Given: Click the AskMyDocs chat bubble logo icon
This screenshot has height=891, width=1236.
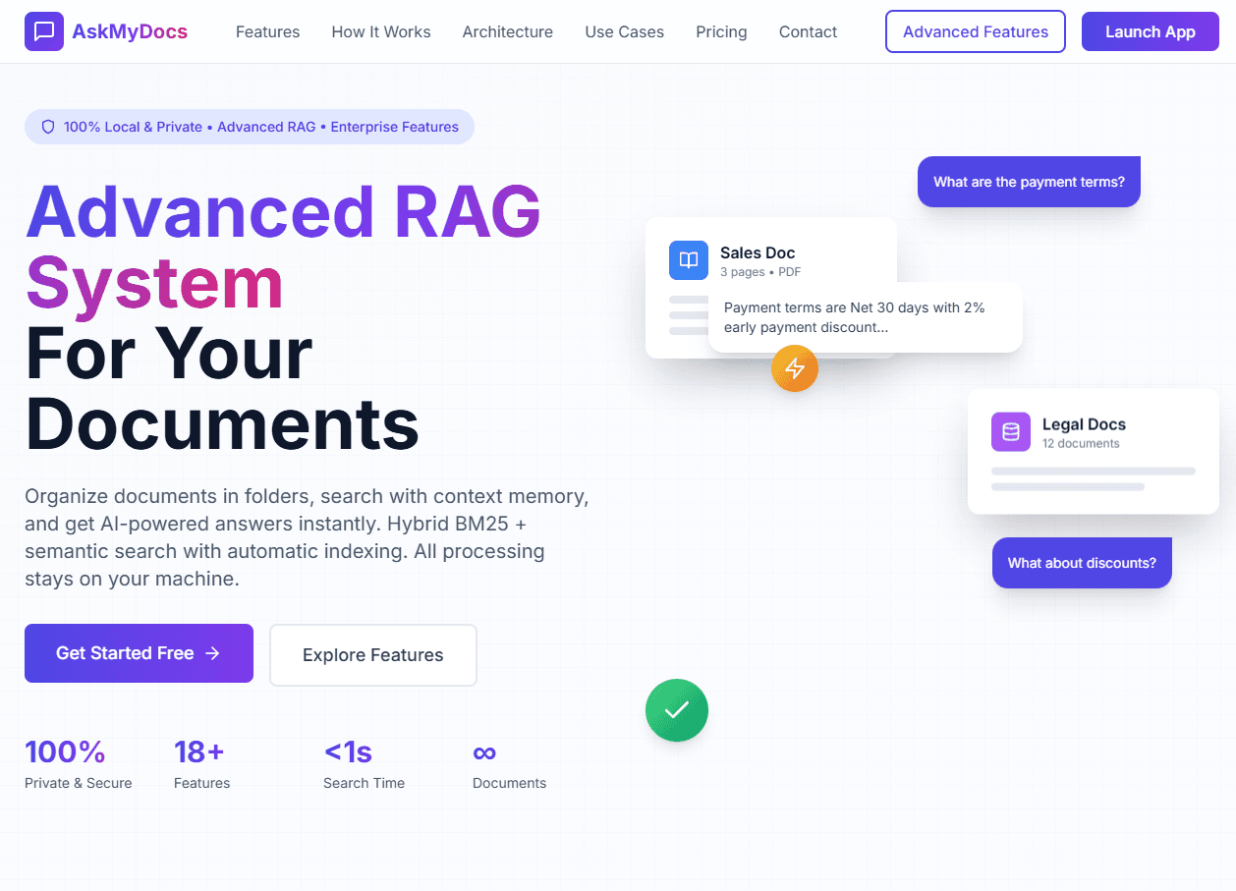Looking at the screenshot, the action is click(44, 31).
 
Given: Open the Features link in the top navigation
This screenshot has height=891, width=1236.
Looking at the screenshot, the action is click(267, 31).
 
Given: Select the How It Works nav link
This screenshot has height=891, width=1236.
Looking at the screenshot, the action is click(381, 31).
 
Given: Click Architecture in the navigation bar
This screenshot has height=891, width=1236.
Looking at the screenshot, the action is click(507, 31).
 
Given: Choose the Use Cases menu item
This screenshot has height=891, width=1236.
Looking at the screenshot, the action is click(624, 31).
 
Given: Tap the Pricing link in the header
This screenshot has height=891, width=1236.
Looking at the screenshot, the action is click(721, 31).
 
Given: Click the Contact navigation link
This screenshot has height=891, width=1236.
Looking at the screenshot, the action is click(808, 31).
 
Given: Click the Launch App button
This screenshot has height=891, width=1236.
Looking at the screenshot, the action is click(1150, 31).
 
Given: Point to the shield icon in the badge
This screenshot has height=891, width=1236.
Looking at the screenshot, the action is click(48, 127).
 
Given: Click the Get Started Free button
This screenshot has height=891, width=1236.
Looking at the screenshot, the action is click(139, 653).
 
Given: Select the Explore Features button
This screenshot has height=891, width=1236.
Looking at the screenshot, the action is click(373, 655).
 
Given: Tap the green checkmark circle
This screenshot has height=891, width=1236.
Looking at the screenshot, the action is click(677, 710).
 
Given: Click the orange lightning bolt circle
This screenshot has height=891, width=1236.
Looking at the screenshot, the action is click(795, 368).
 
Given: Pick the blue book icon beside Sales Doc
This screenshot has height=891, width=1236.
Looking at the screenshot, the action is click(689, 260).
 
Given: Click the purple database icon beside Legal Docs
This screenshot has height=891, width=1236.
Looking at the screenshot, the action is click(1011, 432).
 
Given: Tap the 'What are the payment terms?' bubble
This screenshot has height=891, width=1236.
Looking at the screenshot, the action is click(1029, 182).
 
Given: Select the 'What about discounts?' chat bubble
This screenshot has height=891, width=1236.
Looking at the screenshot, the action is click(1082, 563).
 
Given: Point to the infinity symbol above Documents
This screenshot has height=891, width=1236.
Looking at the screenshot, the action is click(484, 752).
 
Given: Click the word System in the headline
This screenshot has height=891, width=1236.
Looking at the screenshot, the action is click(154, 283).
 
